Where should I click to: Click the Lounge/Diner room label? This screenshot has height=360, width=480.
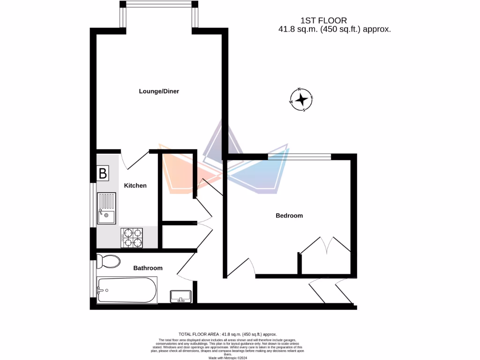pyautogui.click(x=159, y=91)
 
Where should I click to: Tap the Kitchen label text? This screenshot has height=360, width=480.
pyautogui.click(x=135, y=186)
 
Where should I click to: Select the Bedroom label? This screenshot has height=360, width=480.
pyautogui.click(x=289, y=216)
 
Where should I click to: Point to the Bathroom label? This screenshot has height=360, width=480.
pyautogui.click(x=148, y=268)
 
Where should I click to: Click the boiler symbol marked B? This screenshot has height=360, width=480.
pyautogui.click(x=103, y=173)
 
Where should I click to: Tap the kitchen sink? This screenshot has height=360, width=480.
pyautogui.click(x=106, y=209)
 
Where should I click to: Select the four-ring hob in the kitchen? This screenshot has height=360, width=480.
pyautogui.click(x=132, y=238)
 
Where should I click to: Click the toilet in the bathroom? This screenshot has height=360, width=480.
pyautogui.click(x=108, y=261)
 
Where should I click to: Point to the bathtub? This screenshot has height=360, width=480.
pyautogui.click(x=127, y=290)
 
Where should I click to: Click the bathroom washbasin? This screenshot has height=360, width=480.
pyautogui.click(x=180, y=296)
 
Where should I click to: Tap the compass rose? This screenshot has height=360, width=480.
pyautogui.click(x=302, y=99)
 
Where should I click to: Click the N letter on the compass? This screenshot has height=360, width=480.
pyautogui.click(x=300, y=89)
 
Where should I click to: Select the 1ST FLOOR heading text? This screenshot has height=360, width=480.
pyautogui.click(x=323, y=21)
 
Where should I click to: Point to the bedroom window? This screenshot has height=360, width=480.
pyautogui.click(x=299, y=157)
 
